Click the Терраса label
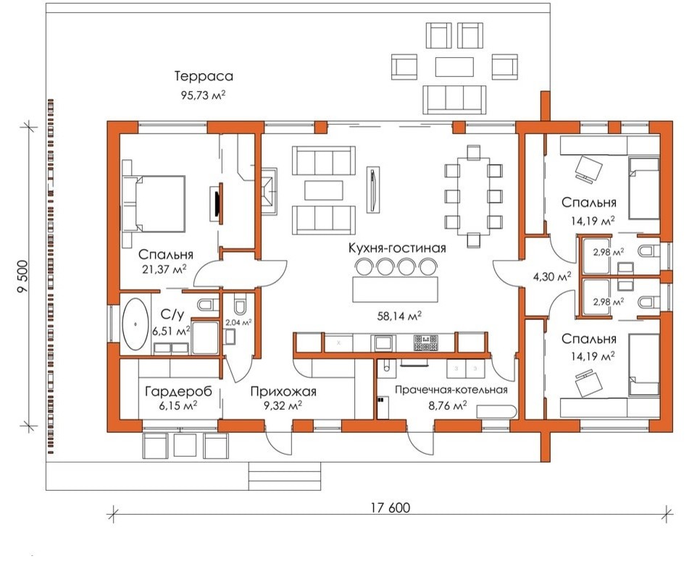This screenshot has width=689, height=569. (x=204, y=77)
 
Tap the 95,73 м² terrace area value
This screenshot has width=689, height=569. (x=204, y=95)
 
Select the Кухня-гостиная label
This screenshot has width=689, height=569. (x=397, y=248)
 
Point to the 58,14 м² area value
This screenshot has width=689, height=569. (x=400, y=316)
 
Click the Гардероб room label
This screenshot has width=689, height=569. (x=178, y=391)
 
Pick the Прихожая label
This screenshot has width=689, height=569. (x=283, y=391)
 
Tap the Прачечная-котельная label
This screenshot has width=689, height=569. (x=451, y=389)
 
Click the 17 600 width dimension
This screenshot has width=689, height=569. (x=391, y=508)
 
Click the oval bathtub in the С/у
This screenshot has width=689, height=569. (x=135, y=324)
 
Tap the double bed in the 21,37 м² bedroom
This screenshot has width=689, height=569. (x=154, y=203)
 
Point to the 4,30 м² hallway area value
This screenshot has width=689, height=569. (x=552, y=277)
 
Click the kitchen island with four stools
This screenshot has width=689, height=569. (x=396, y=289)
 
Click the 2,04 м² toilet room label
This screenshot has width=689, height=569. (x=238, y=322)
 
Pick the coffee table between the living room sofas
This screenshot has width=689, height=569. (x=325, y=190)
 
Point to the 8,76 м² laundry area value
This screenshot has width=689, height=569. (x=448, y=405)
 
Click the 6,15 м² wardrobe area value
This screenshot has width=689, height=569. (x=178, y=405)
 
